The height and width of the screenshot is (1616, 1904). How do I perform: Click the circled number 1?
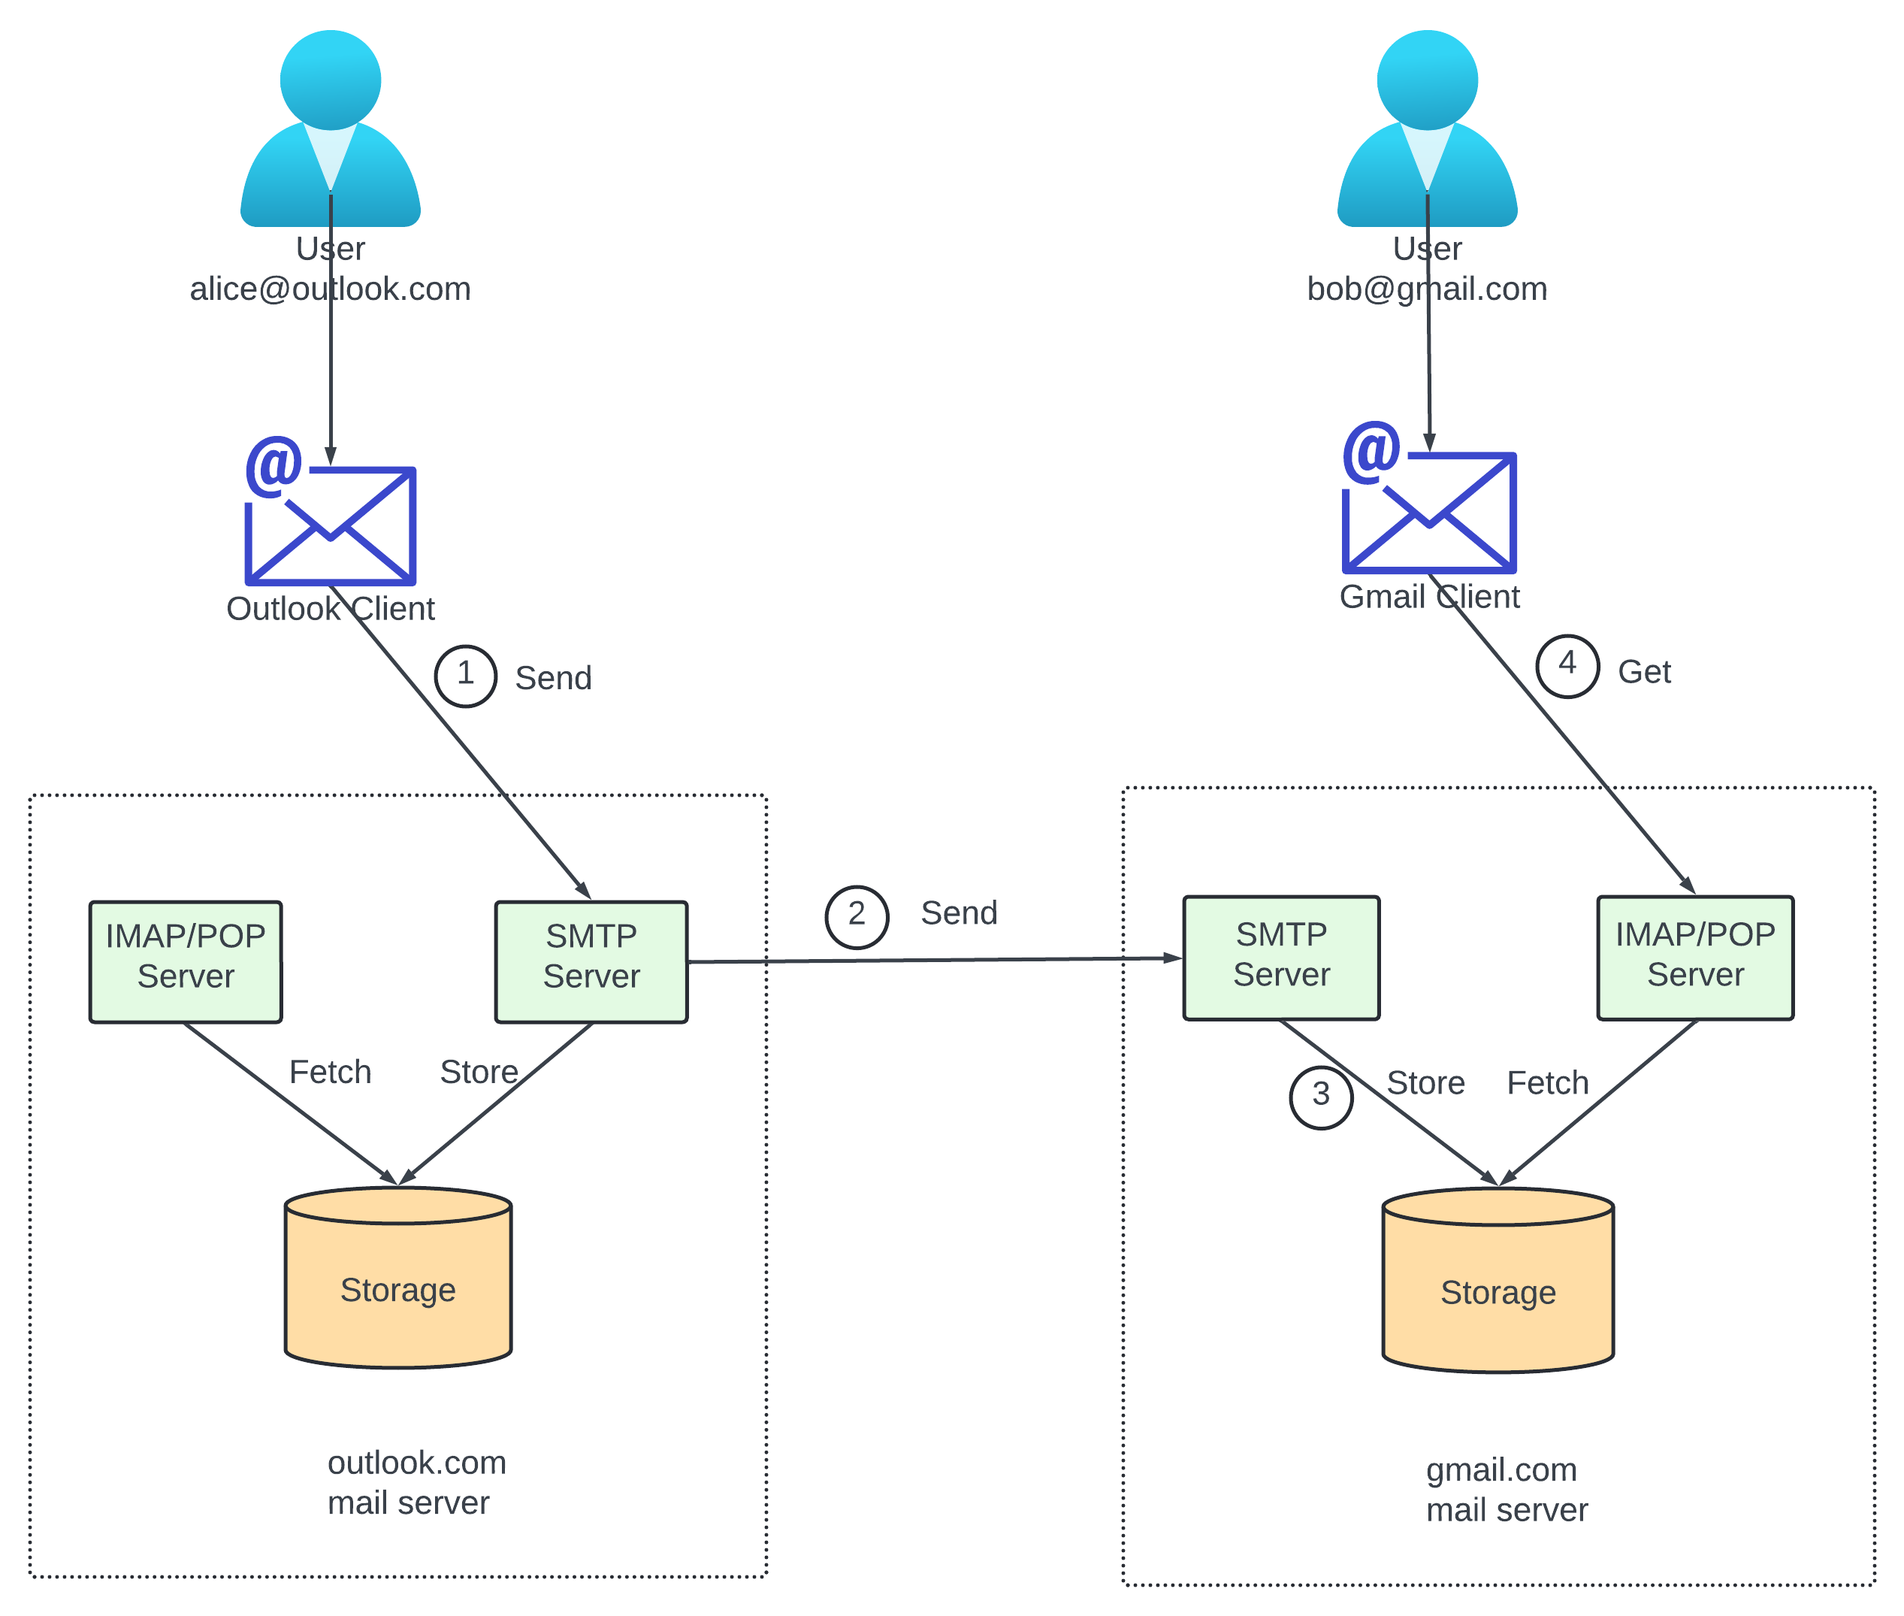pos(465,676)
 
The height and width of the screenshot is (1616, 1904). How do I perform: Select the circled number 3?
pos(1321,1097)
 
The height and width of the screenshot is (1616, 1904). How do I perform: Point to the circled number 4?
pos(1567,666)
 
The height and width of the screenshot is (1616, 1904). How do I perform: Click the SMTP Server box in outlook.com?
pos(591,961)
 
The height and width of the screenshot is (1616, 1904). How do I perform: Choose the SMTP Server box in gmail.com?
pos(1280,958)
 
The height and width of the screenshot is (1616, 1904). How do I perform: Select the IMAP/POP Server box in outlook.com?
pos(185,961)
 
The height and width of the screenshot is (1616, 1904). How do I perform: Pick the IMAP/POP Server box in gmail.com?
pos(1694,958)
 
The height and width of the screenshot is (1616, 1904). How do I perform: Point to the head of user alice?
pos(330,80)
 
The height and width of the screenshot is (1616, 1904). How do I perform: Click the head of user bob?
pos(1427,80)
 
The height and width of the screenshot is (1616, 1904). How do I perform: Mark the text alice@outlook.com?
pos(330,289)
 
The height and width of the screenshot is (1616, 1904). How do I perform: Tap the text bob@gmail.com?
pos(1426,289)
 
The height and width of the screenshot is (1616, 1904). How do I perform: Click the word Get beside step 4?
pos(1644,671)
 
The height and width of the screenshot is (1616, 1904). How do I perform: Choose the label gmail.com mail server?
pos(1506,1490)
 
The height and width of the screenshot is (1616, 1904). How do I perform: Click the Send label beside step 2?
pos(958,912)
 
